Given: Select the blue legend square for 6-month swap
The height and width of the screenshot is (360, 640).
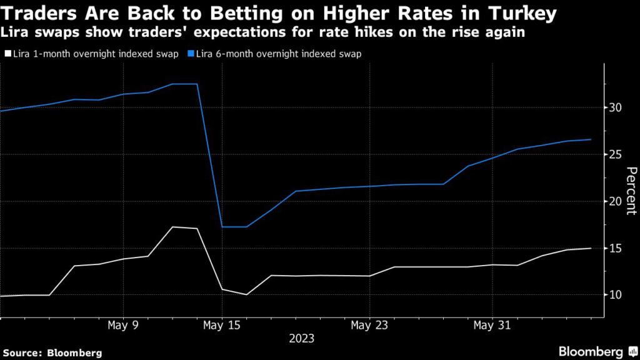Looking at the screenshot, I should (191, 54).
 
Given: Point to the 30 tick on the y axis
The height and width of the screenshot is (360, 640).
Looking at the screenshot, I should (616, 107).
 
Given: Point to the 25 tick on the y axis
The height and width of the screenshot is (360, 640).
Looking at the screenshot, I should (616, 154).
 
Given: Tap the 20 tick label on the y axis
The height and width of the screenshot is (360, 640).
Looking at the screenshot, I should (616, 201).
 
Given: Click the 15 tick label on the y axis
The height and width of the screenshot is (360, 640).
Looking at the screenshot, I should (616, 248).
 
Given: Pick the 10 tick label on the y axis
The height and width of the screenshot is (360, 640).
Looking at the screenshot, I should (616, 295).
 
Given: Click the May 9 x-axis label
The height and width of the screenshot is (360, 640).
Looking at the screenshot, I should (122, 326).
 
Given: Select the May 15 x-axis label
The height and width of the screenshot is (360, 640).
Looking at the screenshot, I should (221, 326).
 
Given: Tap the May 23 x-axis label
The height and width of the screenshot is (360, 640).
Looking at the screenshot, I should (369, 326).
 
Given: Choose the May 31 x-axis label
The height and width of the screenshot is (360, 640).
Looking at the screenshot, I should (492, 326).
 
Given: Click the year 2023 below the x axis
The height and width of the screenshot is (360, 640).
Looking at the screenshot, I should (301, 339).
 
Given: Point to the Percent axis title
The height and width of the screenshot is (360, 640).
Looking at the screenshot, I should (631, 191).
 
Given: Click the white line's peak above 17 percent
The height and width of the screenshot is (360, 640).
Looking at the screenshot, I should (172, 227).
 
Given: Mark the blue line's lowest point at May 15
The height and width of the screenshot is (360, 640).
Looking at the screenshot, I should (222, 226).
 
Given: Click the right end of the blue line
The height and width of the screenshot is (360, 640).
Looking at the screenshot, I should (591, 139).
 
